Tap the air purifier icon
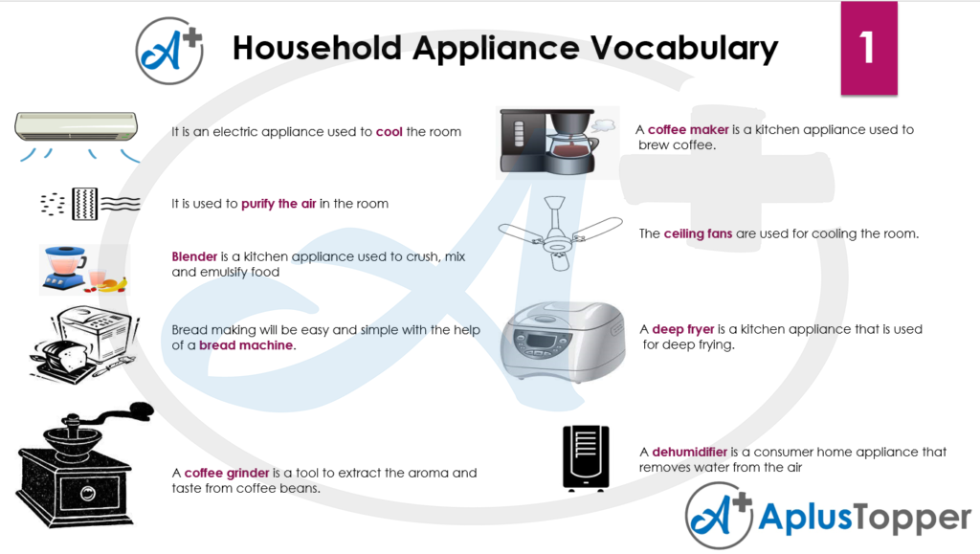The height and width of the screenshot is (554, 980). click(x=90, y=204)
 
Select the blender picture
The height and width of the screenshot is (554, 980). click(x=83, y=270)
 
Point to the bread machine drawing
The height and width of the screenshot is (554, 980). click(x=84, y=344)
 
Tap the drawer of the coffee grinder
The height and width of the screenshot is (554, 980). click(x=88, y=495)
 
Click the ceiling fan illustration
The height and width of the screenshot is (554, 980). click(x=560, y=233)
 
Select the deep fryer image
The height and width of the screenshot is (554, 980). click(x=563, y=342)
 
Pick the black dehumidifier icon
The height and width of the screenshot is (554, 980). click(x=586, y=458)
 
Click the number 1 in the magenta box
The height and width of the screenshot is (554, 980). click(x=867, y=48)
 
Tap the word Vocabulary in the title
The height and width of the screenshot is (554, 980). click(x=683, y=49)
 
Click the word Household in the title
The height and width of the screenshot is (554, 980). click(x=317, y=48)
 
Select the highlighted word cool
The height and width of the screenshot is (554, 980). click(x=389, y=132)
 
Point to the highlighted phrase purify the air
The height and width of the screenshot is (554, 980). click(x=278, y=204)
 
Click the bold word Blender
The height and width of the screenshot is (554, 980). click(x=194, y=256)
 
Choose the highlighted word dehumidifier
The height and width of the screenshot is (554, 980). click(x=689, y=452)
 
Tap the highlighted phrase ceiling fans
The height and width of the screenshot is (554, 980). click(x=698, y=233)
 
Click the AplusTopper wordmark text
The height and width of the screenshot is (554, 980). click(x=865, y=518)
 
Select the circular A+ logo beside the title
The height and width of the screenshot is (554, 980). click(x=169, y=51)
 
